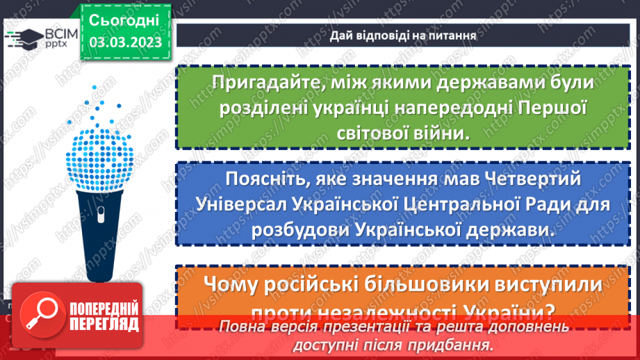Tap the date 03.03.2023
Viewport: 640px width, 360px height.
click(x=125, y=42)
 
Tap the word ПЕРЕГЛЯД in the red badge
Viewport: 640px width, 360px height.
click(x=104, y=325)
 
